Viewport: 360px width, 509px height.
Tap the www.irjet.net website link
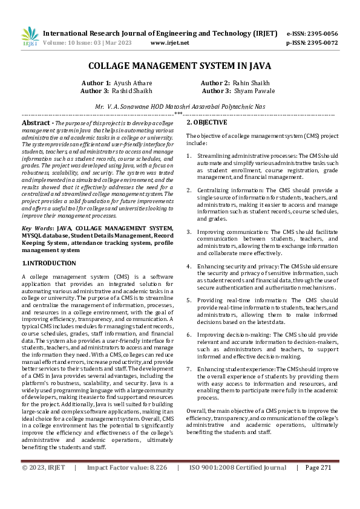(169, 43)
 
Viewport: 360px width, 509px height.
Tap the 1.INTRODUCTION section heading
(49, 264)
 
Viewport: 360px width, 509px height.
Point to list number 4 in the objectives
(189, 266)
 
